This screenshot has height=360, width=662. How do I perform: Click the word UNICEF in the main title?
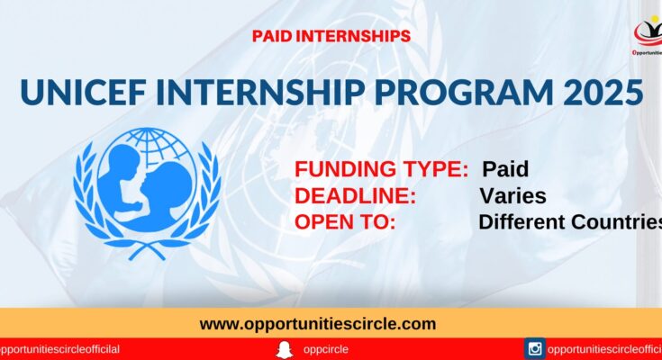pyautogui.click(x=83, y=92)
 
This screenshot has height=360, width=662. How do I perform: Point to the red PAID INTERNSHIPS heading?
pyautogui.click(x=331, y=36)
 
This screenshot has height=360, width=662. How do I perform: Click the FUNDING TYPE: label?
pyautogui.click(x=381, y=169)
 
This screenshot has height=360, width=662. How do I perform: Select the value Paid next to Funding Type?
pyautogui.click(x=505, y=169)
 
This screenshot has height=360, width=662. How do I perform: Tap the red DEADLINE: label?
pyautogui.click(x=355, y=196)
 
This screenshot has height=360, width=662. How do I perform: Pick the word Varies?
pyautogui.click(x=513, y=196)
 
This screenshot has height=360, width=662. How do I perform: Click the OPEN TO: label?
pyautogui.click(x=345, y=222)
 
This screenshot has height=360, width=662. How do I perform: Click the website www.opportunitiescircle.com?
pyautogui.click(x=318, y=324)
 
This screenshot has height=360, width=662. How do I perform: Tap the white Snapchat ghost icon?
pyautogui.click(x=284, y=350)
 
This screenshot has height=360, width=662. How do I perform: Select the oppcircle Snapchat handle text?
pyautogui.click(x=325, y=350)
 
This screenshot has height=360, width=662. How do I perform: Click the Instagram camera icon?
pyautogui.click(x=534, y=349)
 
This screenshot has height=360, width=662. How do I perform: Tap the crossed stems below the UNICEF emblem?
pyautogui.click(x=147, y=250)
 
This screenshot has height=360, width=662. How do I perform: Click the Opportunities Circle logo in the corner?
pyautogui.click(x=648, y=36)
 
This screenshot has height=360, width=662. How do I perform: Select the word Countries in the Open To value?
pyautogui.click(x=614, y=222)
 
